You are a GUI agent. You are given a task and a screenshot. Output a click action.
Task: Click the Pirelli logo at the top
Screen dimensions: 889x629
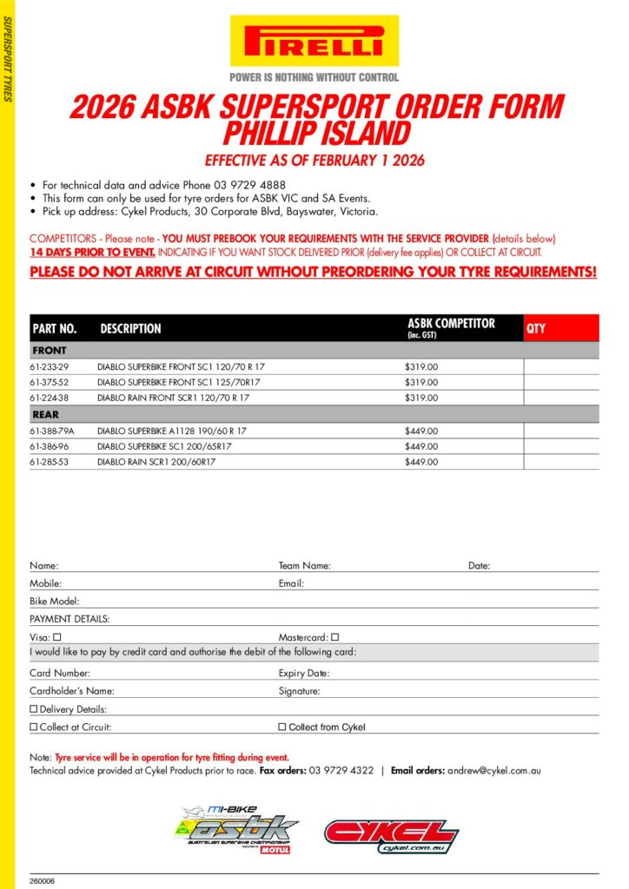pos(314,41)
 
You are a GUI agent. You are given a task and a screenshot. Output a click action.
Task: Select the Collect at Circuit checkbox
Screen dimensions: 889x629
pos(34,728)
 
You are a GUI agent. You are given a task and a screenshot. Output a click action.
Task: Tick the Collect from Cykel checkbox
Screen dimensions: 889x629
pos(281,728)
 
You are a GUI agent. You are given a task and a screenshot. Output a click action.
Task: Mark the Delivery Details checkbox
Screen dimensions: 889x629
pos(34,709)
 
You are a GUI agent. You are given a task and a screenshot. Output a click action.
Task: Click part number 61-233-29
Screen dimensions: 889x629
pos(49,367)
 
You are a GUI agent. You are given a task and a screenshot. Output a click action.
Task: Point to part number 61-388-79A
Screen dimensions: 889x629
pos(52,431)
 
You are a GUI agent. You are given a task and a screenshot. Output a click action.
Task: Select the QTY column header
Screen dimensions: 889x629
pos(537,329)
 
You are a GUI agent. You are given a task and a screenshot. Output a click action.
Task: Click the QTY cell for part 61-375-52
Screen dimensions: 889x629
pos(560,383)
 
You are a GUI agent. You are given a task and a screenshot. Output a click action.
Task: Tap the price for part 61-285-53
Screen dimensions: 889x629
pos(421,462)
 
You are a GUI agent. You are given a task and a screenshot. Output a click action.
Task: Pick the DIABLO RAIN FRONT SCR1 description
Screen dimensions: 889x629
pos(173,398)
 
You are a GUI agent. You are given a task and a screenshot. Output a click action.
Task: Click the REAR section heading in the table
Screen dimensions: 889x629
pos(45,415)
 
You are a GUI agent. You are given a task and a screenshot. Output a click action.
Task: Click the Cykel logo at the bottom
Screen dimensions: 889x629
pos(391,834)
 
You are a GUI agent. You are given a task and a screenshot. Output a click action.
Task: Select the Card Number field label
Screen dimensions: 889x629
pos(60,673)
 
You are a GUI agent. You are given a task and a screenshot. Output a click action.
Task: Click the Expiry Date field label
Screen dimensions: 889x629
pos(304,673)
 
